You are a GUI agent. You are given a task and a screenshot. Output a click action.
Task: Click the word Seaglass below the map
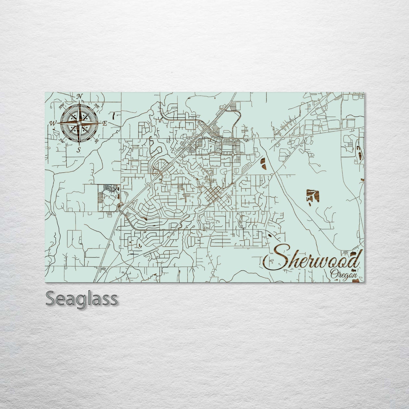tap(81, 298)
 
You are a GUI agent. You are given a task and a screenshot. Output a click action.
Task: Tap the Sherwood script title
tap(311, 260)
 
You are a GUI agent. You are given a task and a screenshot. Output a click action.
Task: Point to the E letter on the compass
tap(104, 123)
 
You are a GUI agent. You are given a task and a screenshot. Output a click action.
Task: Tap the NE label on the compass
tap(97, 107)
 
